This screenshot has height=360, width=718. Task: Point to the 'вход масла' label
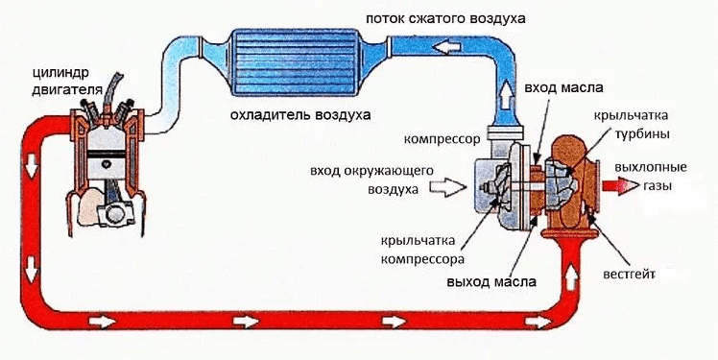(563, 88)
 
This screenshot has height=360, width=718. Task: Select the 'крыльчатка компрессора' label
(422, 249)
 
